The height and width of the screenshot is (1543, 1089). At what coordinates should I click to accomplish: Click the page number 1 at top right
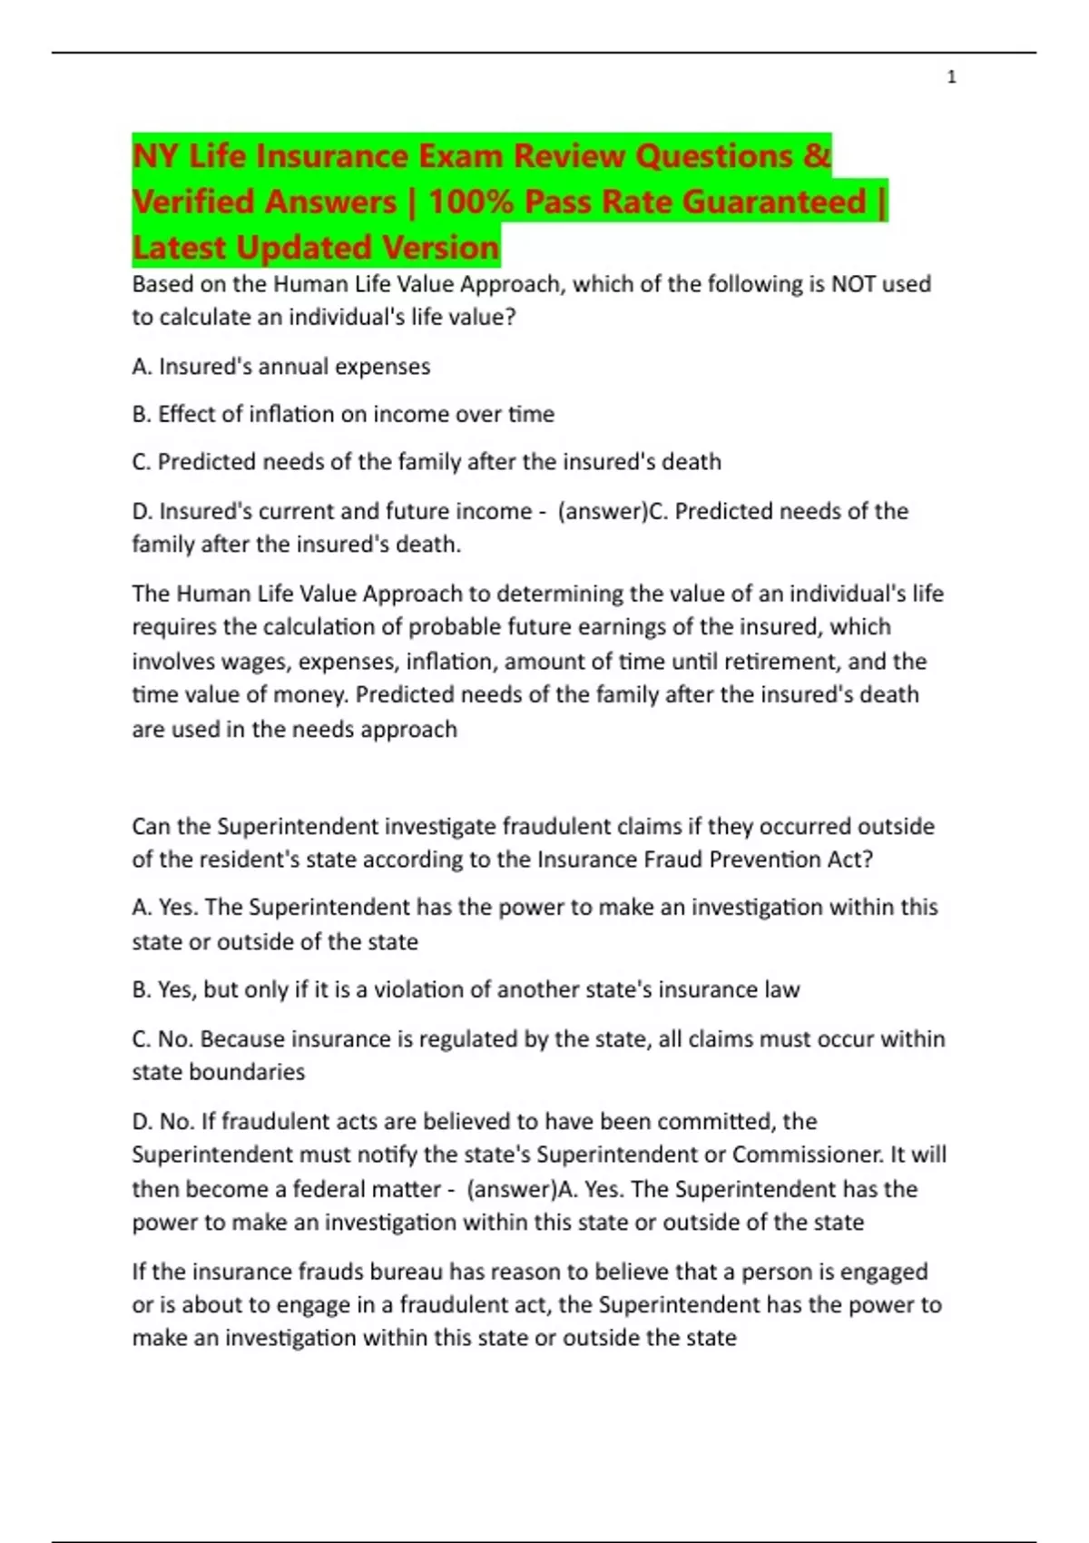[951, 77]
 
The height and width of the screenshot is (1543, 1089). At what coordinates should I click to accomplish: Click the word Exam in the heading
[458, 156]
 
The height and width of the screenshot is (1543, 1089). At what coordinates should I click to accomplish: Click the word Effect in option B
[188, 414]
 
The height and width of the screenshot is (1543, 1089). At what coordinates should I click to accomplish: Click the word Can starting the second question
[152, 827]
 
